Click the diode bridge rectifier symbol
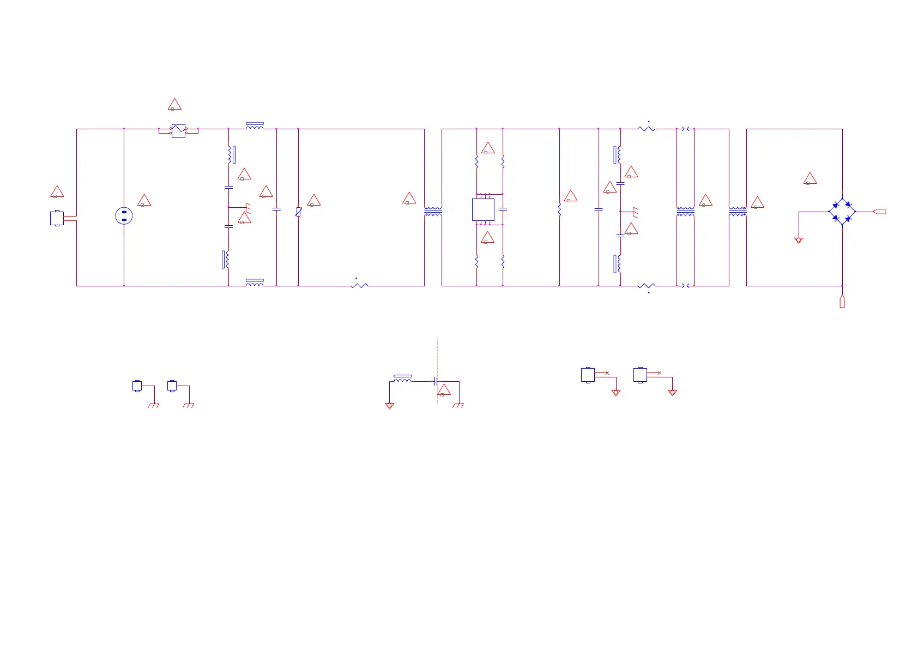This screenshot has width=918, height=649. pyautogui.click(x=842, y=212)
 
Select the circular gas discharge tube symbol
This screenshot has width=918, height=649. pyautogui.click(x=124, y=216)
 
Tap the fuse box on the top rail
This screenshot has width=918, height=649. pyautogui.click(x=178, y=131)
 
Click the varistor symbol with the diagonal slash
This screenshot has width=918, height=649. pyautogui.click(x=298, y=212)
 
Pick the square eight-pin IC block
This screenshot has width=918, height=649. pyautogui.click(x=483, y=209)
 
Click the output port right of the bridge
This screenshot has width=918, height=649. pyautogui.click(x=879, y=212)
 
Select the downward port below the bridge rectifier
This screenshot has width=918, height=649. pyautogui.click(x=842, y=301)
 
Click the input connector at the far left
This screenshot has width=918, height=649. pyautogui.click(x=57, y=218)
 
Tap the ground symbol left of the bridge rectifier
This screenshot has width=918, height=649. pyautogui.click(x=799, y=240)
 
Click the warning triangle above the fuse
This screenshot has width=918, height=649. pyautogui.click(x=174, y=105)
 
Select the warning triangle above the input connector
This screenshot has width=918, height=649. pyautogui.click(x=57, y=192)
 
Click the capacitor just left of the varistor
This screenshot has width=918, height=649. pyautogui.click(x=276, y=209)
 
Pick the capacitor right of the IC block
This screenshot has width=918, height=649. pyautogui.click(x=503, y=209)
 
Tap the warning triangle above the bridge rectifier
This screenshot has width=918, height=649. pyautogui.click(x=810, y=179)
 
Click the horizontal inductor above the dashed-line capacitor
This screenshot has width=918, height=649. pyautogui.click(x=402, y=380)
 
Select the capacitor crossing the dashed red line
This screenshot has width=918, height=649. pyautogui.click(x=436, y=381)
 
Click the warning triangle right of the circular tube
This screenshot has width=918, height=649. pyautogui.click(x=144, y=201)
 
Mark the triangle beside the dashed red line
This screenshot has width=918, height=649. pyautogui.click(x=444, y=390)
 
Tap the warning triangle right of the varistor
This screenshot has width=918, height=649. pyautogui.click(x=314, y=201)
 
